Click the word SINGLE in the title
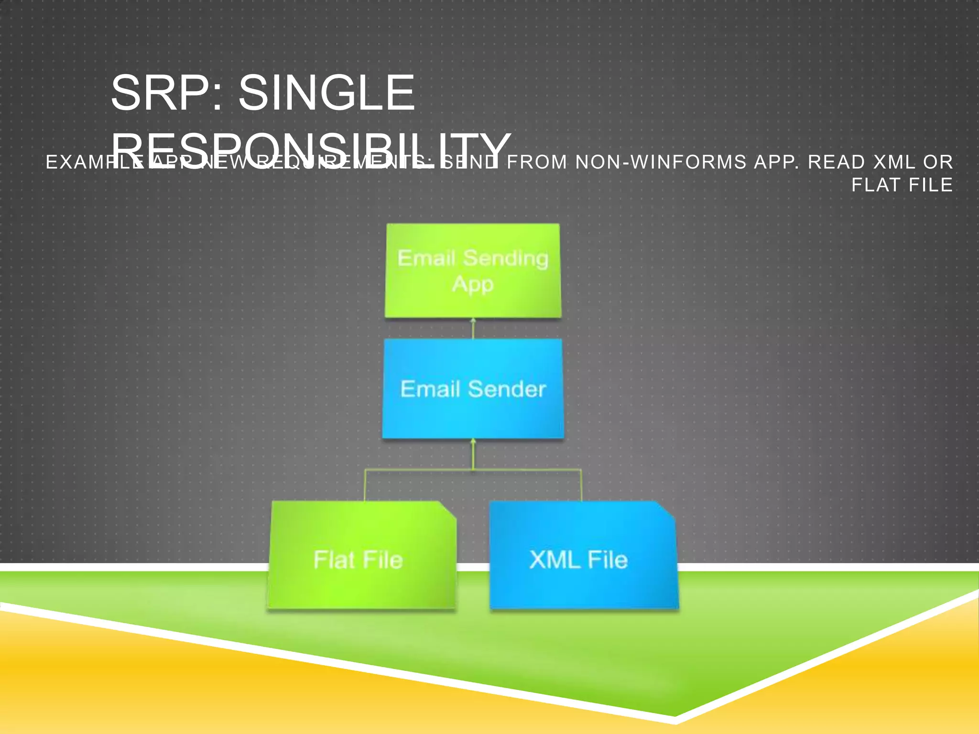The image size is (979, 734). point(326,93)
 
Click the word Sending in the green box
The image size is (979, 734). point(506,259)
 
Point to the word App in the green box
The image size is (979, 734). point(473,284)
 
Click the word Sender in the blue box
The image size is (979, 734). point(507,389)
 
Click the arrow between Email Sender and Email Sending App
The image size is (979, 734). point(473,329)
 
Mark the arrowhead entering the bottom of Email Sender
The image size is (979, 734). point(473,442)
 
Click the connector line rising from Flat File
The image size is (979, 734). point(365,485)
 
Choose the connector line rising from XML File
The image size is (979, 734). point(581,485)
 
